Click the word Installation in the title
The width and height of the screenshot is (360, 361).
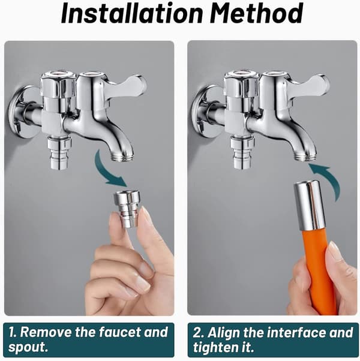(x=132, y=13)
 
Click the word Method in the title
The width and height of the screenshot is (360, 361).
(x=256, y=13)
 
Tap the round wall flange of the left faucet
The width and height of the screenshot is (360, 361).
(x=21, y=112)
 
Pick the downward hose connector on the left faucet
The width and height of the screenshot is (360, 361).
(x=59, y=152)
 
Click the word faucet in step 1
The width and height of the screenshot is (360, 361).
(x=120, y=332)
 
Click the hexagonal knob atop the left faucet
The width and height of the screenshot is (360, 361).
(x=58, y=86)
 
